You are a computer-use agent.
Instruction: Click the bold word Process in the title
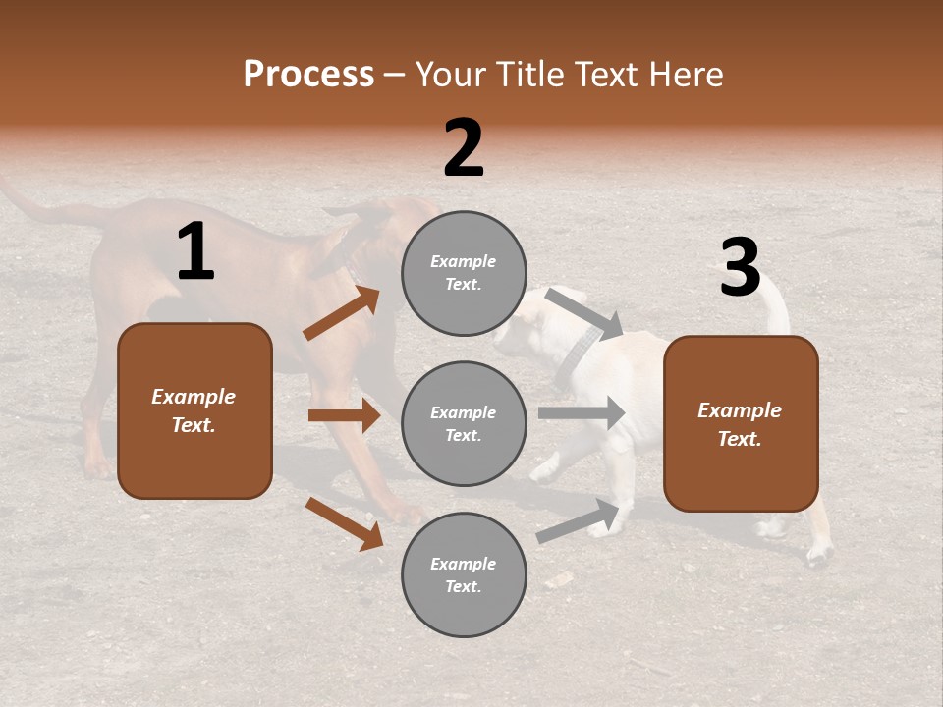tap(308, 74)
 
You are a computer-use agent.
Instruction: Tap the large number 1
tap(195, 251)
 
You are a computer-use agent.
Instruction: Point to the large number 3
tap(740, 267)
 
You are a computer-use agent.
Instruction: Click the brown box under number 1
tap(194, 410)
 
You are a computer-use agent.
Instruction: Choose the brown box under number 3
tap(741, 423)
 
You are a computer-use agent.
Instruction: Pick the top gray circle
tap(464, 273)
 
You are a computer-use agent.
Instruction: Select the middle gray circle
tap(464, 423)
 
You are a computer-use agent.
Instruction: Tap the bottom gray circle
tap(464, 574)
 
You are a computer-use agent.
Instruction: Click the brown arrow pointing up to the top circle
tap(342, 313)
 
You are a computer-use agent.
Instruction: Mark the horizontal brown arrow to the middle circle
tap(344, 415)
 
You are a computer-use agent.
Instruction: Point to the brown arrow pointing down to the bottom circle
tap(344, 523)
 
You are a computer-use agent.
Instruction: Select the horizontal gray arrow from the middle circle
tap(582, 413)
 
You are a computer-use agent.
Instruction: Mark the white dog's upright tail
tap(776, 304)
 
